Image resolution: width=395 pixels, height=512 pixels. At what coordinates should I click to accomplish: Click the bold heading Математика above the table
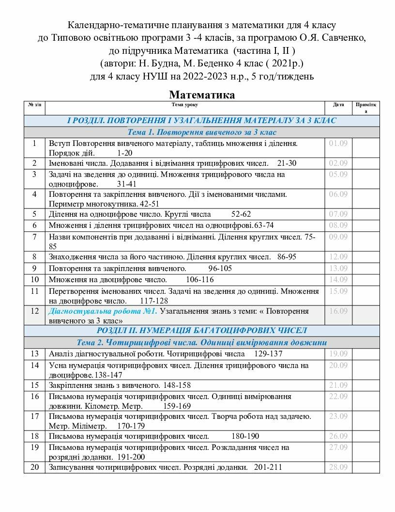(202, 95)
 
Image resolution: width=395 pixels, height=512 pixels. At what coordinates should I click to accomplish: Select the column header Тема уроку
(184, 105)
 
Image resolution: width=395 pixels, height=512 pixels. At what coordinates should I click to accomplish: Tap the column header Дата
(338, 105)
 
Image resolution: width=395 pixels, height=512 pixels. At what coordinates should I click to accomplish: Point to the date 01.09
(338, 144)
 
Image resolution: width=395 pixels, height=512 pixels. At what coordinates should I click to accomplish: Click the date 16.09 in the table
(338, 311)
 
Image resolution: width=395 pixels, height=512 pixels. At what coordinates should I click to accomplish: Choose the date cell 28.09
(338, 467)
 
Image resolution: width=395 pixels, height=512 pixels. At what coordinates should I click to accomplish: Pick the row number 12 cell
(34, 311)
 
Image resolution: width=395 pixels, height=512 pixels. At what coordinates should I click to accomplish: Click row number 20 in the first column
(34, 467)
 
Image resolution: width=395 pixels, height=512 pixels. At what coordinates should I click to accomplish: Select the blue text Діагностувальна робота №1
(103, 311)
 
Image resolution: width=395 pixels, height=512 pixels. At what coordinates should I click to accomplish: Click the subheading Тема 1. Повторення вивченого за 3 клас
(202, 132)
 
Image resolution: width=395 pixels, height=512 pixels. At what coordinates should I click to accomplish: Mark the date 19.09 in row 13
(338, 354)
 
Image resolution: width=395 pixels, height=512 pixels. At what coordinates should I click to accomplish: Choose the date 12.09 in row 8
(338, 256)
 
